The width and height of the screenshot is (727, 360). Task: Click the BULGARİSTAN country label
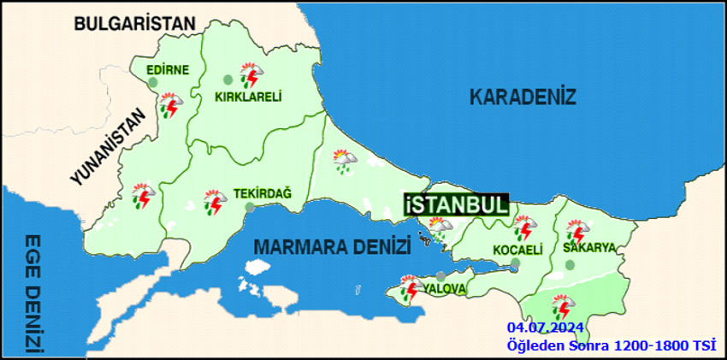pyautogui.click(x=134, y=24)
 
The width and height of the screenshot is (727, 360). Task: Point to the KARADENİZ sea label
pyautogui.click(x=523, y=97)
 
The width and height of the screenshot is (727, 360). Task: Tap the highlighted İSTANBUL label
pyautogui.click(x=457, y=205)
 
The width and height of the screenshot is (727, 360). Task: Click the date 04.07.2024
pyautogui.click(x=544, y=328)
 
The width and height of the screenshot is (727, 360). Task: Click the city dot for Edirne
pyautogui.click(x=153, y=83)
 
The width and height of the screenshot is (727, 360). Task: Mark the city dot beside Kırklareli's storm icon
pyautogui.click(x=228, y=80)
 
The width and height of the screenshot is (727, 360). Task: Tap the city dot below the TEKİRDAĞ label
pyautogui.click(x=249, y=207)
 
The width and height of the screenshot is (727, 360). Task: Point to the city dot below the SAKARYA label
pyautogui.click(x=570, y=265)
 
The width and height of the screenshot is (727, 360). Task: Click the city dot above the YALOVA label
pyautogui.click(x=440, y=276)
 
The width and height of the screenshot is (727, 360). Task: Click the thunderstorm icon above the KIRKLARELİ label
pyautogui.click(x=251, y=76)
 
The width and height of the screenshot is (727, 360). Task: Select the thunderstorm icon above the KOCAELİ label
pyautogui.click(x=523, y=228)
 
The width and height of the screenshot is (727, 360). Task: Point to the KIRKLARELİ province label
pyautogui.click(x=248, y=97)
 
